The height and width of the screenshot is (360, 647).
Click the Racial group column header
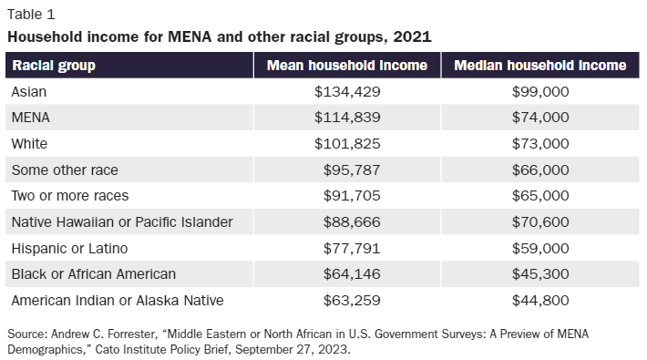click(54, 66)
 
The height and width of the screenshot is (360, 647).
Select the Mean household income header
click(346, 66)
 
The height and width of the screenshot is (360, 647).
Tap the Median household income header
click(539, 66)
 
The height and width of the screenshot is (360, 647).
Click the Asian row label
click(29, 92)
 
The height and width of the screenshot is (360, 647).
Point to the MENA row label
click(31, 118)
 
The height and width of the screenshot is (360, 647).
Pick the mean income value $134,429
click(347, 92)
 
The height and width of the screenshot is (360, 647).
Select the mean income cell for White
click(347, 144)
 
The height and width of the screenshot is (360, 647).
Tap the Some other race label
click(65, 170)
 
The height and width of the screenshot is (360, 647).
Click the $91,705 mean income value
click(352, 196)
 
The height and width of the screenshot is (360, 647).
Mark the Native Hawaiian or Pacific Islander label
click(121, 221)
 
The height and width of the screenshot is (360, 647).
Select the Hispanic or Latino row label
click(69, 248)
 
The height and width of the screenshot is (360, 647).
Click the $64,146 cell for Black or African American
click(352, 273)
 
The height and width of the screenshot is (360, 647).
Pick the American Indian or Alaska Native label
click(118, 300)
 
